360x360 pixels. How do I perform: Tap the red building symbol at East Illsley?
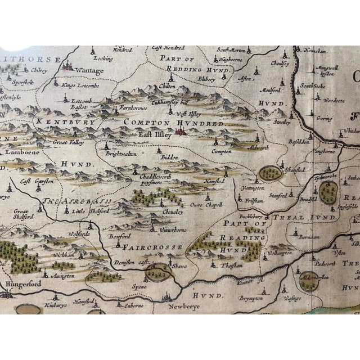(x=181, y=132)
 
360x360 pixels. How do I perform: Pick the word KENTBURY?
(x=56, y=121)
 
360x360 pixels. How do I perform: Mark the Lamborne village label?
(x=20, y=151)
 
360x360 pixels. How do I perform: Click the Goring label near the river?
(x=325, y=119)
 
